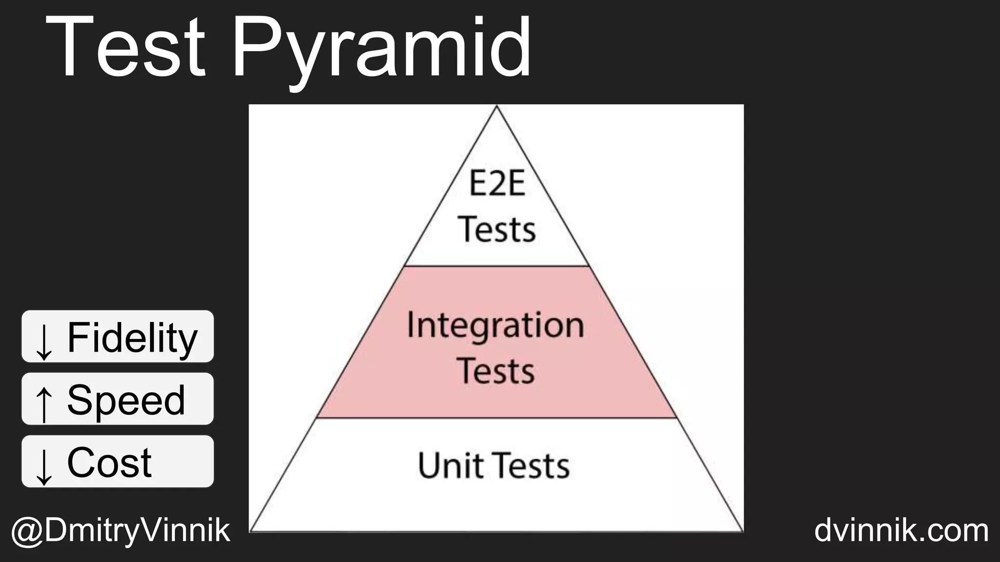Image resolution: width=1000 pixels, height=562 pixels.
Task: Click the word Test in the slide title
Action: tap(125, 47)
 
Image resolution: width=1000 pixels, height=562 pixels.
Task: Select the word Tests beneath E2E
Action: tap(497, 229)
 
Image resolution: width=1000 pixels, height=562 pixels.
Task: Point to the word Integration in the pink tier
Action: tap(496, 325)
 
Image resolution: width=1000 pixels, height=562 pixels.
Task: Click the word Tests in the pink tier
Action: tap(496, 371)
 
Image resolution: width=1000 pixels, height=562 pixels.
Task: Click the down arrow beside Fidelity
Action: tap(44, 341)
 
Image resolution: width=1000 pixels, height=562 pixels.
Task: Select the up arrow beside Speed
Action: tap(44, 403)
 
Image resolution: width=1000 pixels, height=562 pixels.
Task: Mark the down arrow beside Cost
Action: tap(44, 465)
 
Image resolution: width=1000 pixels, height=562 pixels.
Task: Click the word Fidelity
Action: tap(132, 337)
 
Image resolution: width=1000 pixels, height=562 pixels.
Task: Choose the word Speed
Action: tap(126, 400)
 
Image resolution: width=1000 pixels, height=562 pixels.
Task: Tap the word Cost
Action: tap(109, 462)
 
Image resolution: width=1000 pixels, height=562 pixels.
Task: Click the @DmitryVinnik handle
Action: tap(120, 530)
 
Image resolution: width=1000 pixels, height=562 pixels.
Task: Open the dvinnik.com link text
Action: tap(901, 530)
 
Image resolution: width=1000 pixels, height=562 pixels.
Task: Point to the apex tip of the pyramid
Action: tap(497, 107)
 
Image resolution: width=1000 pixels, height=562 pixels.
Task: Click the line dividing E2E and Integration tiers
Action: tap(497, 266)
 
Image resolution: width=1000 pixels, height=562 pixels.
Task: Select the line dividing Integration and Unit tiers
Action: tap(497, 418)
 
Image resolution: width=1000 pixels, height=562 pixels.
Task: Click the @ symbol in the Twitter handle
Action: tap(27, 531)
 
